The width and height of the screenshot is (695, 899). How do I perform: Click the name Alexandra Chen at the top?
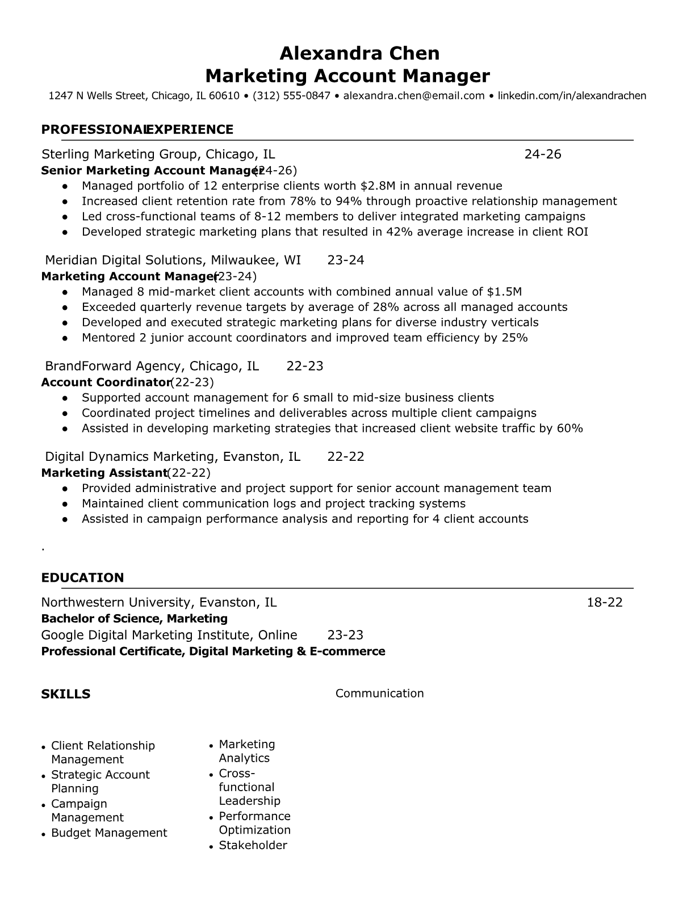tap(359, 53)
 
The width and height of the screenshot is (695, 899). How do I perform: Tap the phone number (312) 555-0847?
tap(291, 95)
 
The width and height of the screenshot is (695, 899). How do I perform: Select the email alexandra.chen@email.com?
tap(413, 95)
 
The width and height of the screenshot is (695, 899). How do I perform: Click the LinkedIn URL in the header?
tap(572, 95)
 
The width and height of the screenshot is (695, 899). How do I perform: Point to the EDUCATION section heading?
tap(82, 578)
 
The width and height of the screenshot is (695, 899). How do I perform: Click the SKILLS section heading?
tap(65, 694)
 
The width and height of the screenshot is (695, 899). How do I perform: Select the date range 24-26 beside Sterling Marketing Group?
tap(542, 154)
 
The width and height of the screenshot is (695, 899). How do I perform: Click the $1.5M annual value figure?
tap(504, 292)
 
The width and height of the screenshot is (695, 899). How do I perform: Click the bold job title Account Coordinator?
tap(106, 383)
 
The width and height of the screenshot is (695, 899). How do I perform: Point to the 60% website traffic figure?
tap(570, 429)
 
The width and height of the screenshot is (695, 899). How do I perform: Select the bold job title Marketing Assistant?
tap(103, 473)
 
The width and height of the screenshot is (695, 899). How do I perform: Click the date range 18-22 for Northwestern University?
tap(604, 603)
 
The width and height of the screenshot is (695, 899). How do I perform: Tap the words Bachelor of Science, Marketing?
tap(134, 619)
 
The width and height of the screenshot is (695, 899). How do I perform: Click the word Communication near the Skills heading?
tap(379, 694)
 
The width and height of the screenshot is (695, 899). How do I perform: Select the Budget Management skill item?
tap(109, 833)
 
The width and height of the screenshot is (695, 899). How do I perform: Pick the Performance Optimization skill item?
tap(254, 824)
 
